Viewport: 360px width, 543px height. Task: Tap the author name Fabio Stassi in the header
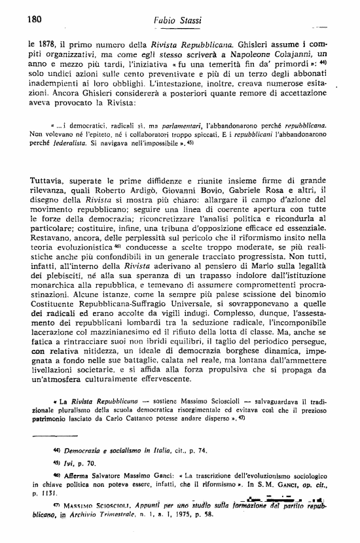point(160,20)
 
